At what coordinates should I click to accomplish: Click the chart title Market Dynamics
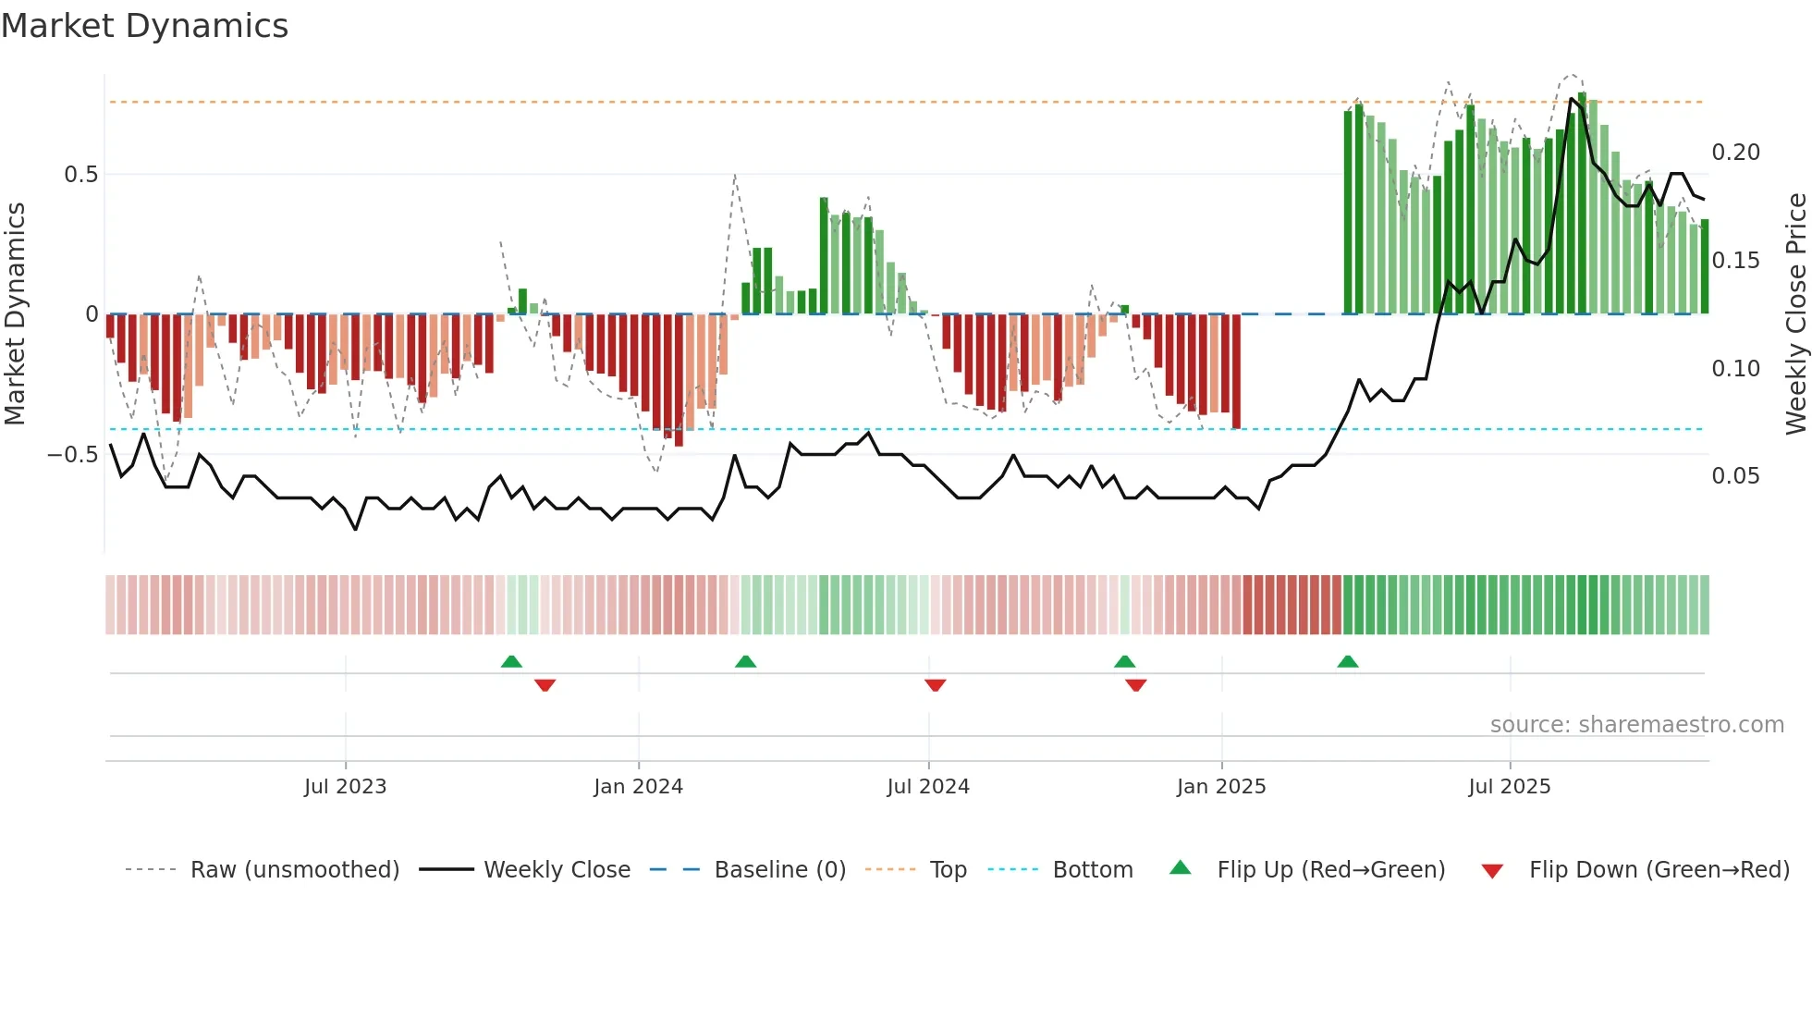(x=145, y=26)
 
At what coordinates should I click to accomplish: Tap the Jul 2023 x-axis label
(x=345, y=787)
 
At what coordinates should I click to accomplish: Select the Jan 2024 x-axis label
(x=638, y=787)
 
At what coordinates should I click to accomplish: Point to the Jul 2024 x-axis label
(x=928, y=787)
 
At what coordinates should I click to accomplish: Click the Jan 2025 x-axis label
(x=1221, y=787)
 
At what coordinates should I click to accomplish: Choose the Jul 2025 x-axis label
(x=1510, y=787)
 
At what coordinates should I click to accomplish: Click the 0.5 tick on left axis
(x=81, y=175)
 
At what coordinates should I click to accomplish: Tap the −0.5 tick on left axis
(x=73, y=455)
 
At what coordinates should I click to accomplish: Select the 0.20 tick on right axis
(x=1735, y=153)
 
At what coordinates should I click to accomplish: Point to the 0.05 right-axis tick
(x=1735, y=476)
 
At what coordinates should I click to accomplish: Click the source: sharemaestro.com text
(x=1636, y=725)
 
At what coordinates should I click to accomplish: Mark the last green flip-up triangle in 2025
(x=1348, y=662)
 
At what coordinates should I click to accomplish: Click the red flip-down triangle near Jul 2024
(x=936, y=685)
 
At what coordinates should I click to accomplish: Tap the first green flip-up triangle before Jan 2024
(x=511, y=662)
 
